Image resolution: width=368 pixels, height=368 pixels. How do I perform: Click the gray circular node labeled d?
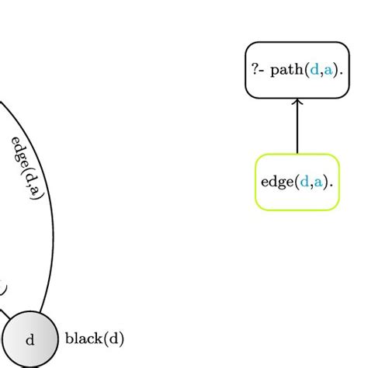tap(30, 339)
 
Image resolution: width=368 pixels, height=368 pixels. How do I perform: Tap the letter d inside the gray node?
tap(30, 339)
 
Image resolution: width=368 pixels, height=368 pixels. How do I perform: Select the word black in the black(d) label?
tap(81, 338)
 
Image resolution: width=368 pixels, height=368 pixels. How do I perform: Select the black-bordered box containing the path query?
tap(297, 70)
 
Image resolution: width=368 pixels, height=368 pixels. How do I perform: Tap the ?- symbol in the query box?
tap(259, 71)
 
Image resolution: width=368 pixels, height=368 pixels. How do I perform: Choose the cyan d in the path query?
tap(314, 71)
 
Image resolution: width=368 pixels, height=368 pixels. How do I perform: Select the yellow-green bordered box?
tap(297, 182)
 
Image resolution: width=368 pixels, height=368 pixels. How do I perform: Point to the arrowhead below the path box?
tap(297, 102)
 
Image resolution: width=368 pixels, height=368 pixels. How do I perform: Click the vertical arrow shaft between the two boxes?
tap(297, 128)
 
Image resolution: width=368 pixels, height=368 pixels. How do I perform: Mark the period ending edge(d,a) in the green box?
tap(332, 186)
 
